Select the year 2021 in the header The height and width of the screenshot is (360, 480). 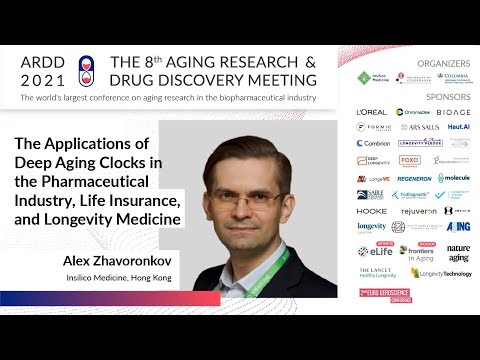click(42, 78)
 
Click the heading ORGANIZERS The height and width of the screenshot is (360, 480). click(444, 61)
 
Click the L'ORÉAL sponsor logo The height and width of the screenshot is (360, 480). click(371, 112)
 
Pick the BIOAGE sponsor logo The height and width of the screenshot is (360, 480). click(452, 112)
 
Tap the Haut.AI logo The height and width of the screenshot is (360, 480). click(458, 127)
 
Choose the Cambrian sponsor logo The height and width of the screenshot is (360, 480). click(373, 143)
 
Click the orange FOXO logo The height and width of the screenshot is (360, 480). click(410, 160)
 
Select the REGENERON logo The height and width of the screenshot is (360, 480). click(413, 177)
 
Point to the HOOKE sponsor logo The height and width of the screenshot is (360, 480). click(372, 211)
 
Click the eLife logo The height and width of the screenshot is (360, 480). click(376, 251)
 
